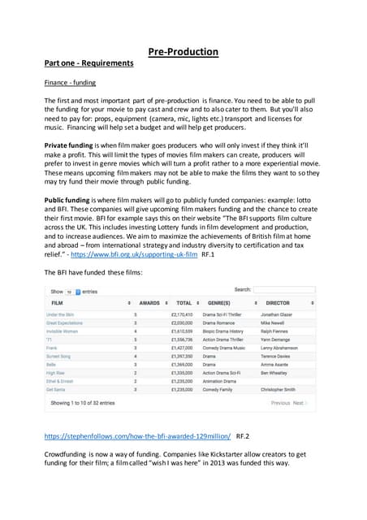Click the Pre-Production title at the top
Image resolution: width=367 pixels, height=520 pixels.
click(x=183, y=52)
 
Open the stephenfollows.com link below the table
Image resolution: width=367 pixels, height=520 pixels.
click(x=137, y=436)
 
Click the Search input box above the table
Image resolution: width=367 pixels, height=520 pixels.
click(x=284, y=290)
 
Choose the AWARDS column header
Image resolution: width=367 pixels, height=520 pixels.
click(x=149, y=302)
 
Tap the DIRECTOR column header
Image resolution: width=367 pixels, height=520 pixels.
click(x=278, y=302)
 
